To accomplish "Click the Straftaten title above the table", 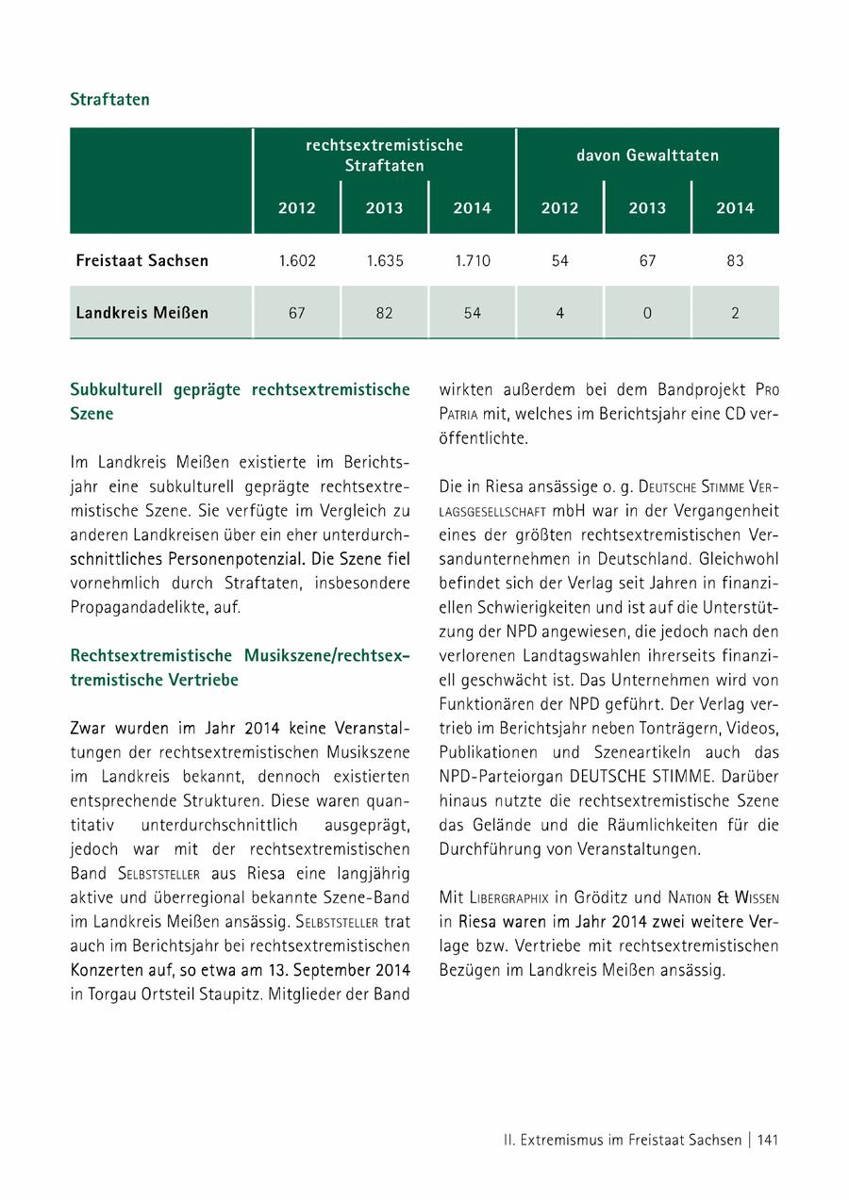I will (x=109, y=99).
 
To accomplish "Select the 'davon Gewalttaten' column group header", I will (x=647, y=156).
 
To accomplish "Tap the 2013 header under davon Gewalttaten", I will (x=647, y=208).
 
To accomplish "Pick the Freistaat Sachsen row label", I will (x=142, y=260).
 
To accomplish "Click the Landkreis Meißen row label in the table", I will (x=142, y=312).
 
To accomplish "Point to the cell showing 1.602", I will (x=297, y=261).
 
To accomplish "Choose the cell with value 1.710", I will (x=472, y=261).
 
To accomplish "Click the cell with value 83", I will (x=735, y=261).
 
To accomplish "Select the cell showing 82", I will (x=384, y=313).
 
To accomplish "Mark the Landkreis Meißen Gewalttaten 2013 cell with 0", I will (x=647, y=313).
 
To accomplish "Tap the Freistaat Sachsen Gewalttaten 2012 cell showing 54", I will (x=559, y=261).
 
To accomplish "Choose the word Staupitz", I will (x=236, y=994).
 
